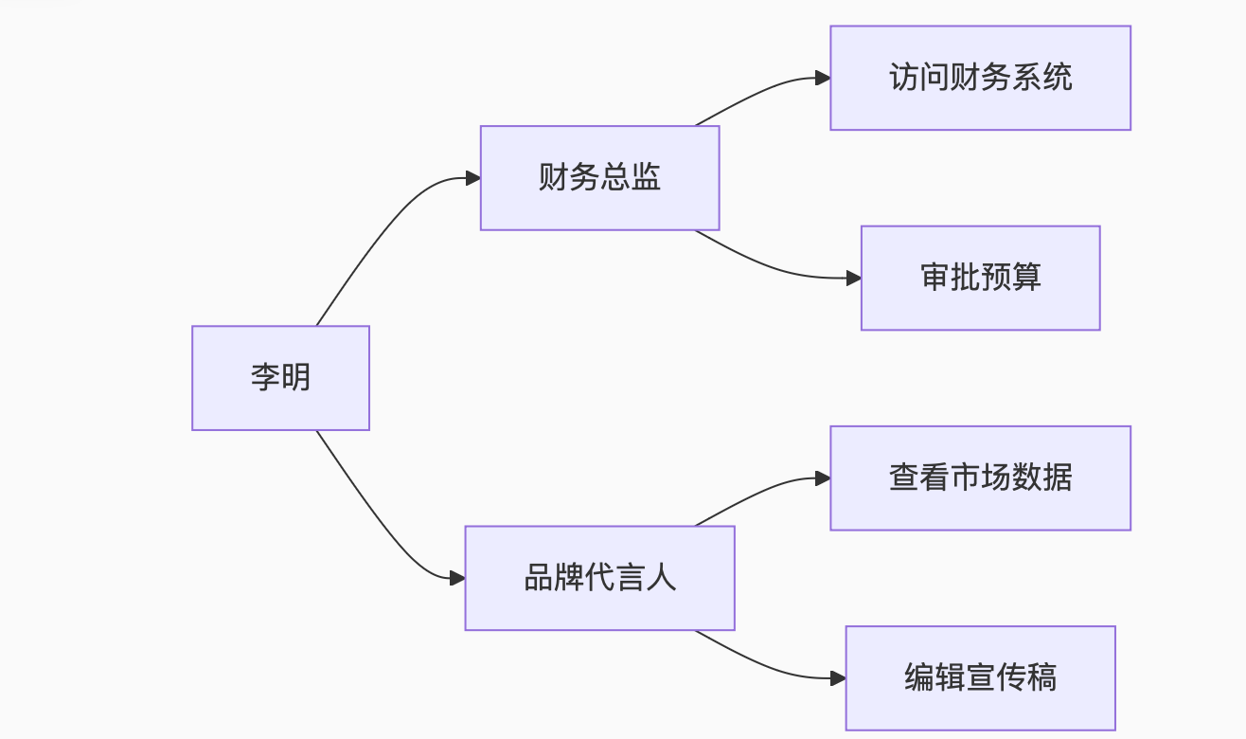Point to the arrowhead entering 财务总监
(x=473, y=178)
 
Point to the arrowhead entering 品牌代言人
(x=458, y=578)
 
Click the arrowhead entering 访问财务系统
(x=824, y=79)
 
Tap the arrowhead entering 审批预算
(x=854, y=279)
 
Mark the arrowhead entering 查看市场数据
(x=824, y=478)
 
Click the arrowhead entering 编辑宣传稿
(x=839, y=678)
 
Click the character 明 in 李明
(x=296, y=377)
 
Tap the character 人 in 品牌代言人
(x=661, y=578)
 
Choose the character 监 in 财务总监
(x=646, y=178)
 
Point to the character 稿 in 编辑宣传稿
(x=1041, y=678)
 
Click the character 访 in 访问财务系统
(x=904, y=78)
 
